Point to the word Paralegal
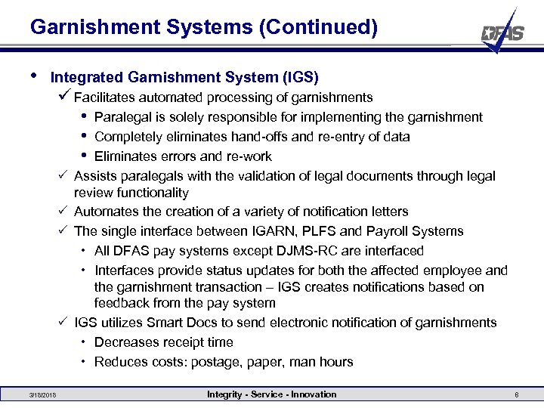[x=122, y=117]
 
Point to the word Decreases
[x=125, y=342]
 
